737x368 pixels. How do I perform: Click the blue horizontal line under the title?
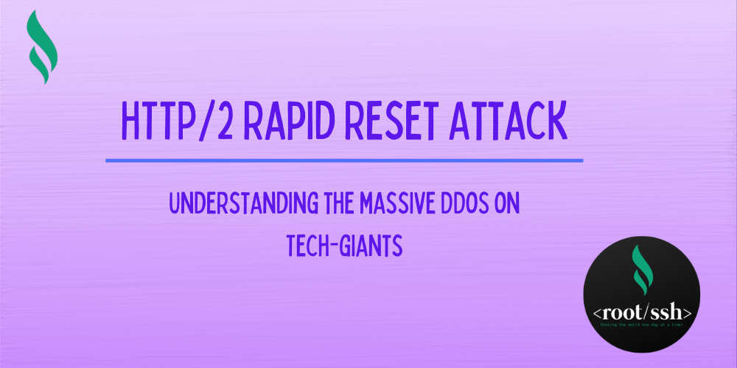click(344, 160)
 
